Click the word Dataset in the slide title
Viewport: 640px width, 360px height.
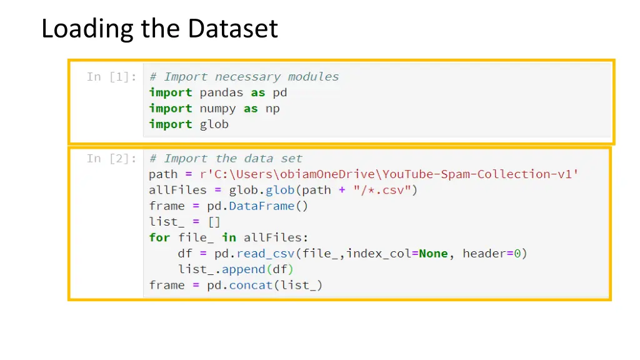pos(233,29)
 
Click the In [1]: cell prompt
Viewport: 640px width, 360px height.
pos(112,77)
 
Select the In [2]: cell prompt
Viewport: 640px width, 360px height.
pos(112,159)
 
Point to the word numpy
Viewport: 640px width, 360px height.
pos(217,109)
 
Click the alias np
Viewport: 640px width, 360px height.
pos(272,109)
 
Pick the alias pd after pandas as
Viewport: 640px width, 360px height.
pos(280,92)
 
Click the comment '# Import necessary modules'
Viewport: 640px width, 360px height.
pos(244,77)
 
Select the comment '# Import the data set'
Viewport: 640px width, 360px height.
pos(226,159)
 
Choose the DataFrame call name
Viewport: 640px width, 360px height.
pos(262,206)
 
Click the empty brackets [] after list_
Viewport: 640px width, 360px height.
pos(214,222)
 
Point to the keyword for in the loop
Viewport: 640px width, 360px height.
pos(159,237)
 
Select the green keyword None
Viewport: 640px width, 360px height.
pos(433,254)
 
